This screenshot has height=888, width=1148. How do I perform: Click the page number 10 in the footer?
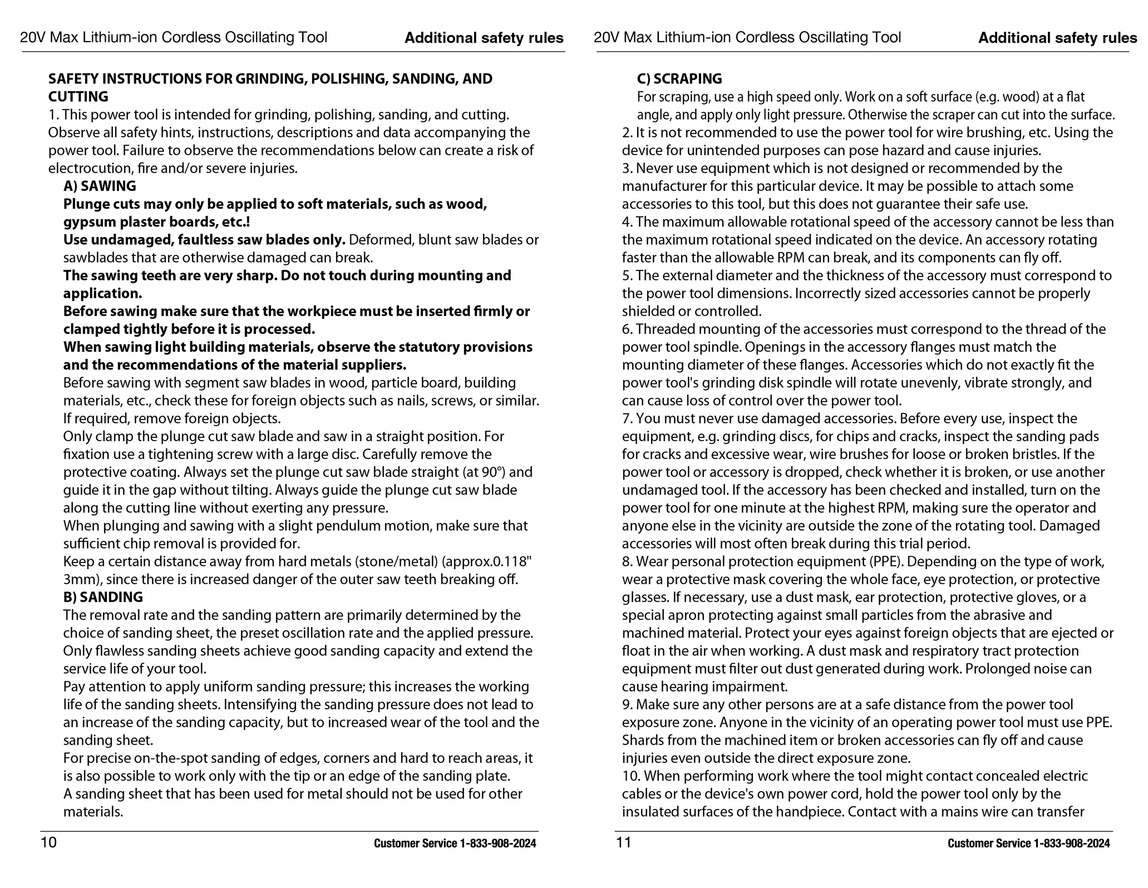click(x=49, y=843)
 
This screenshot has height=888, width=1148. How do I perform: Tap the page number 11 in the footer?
click(x=623, y=843)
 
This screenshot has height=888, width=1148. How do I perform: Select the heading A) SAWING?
click(x=99, y=186)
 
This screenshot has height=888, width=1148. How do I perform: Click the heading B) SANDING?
click(x=103, y=597)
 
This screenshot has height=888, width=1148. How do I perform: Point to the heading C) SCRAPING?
click(x=679, y=79)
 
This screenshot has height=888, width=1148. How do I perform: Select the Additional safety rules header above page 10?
click(x=484, y=38)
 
